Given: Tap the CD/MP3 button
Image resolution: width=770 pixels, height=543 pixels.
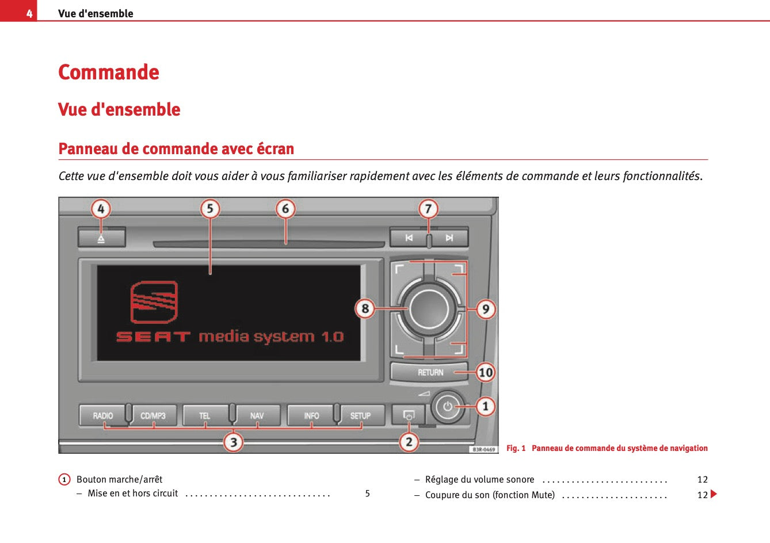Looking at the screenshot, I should click(153, 415).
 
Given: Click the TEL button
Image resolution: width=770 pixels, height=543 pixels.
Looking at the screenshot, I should click(205, 415).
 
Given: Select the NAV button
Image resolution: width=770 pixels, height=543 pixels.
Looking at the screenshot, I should click(257, 415).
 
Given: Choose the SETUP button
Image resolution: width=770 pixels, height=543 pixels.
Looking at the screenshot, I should click(361, 415).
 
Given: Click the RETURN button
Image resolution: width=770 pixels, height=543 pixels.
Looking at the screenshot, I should click(430, 372).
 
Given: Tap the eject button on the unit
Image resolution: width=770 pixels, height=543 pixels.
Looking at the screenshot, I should click(101, 238).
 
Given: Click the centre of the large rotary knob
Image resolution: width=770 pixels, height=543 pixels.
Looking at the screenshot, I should click(429, 308).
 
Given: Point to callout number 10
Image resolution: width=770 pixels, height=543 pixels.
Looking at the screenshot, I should click(486, 372).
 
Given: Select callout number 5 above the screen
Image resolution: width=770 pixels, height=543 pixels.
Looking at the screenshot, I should click(210, 209).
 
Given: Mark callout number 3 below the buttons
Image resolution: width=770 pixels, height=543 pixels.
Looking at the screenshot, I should click(233, 442).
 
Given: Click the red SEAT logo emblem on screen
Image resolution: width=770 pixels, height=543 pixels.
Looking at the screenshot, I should click(154, 302).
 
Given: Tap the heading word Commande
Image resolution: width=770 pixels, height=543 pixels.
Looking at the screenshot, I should click(109, 72).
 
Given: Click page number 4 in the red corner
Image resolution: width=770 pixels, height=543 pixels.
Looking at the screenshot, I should click(29, 13).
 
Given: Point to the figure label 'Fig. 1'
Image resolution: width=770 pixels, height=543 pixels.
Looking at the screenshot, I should click(516, 448).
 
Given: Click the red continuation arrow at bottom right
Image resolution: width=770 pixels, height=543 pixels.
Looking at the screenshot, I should click(714, 494).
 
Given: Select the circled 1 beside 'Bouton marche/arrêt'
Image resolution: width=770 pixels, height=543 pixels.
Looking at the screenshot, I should click(64, 480).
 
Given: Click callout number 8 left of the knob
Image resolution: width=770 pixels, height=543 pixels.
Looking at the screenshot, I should click(365, 309).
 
